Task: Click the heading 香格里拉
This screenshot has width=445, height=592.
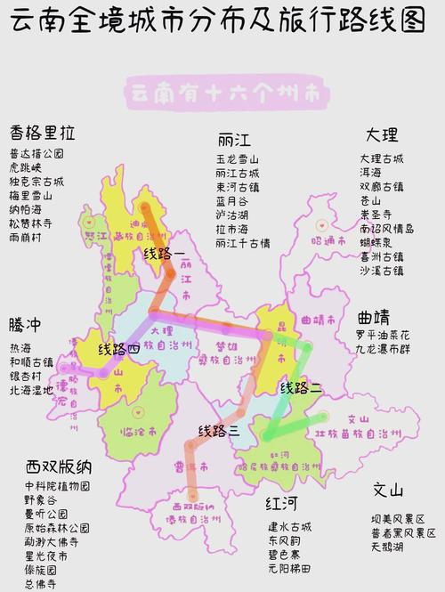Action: (42, 133)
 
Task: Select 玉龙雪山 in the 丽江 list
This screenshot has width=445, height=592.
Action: (237, 159)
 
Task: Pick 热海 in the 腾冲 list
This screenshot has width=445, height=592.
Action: (20, 347)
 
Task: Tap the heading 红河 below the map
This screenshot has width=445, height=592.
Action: (281, 505)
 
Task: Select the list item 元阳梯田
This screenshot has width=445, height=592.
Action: (288, 568)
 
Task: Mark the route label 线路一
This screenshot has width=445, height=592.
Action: (166, 255)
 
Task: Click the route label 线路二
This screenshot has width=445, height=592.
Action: (302, 388)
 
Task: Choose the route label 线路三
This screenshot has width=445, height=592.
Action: (218, 431)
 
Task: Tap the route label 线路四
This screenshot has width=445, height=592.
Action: (118, 349)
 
